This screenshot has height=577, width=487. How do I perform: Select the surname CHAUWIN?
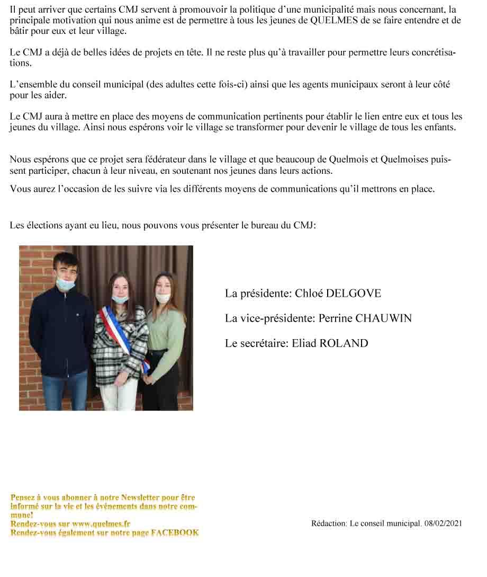[x=383, y=318]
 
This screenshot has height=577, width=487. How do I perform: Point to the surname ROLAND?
[x=343, y=343]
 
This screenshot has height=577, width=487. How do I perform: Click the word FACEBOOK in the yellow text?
[x=175, y=532]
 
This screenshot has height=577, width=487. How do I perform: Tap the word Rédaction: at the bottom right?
[x=329, y=523]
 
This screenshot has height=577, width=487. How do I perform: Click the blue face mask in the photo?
[x=66, y=284]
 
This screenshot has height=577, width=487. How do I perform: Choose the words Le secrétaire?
[x=257, y=343]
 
